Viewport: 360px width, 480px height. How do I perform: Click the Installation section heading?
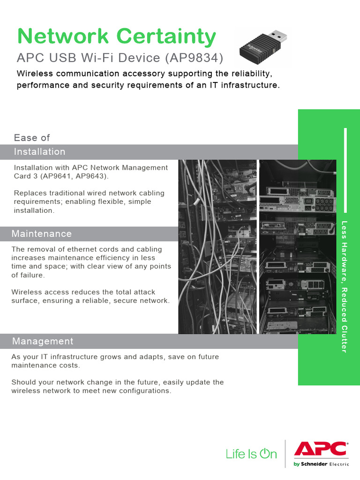[39, 152]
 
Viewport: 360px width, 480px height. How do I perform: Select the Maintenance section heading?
[42, 234]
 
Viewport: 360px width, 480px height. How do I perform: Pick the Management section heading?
[43, 341]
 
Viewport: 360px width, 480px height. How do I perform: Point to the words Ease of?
[32, 138]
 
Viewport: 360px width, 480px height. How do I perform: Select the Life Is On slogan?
[251, 454]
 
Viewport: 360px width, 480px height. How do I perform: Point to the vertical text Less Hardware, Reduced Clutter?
[344, 286]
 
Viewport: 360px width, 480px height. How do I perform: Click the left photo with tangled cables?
[217, 247]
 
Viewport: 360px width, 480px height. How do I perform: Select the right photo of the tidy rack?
[297, 247]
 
